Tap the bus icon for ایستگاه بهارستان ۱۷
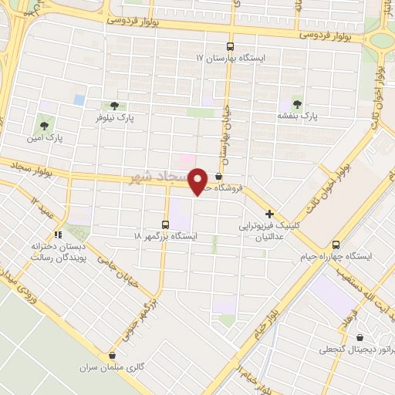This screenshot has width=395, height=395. pyautogui.click(x=229, y=46)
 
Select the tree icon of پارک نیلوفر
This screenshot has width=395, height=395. pyautogui.click(x=114, y=106)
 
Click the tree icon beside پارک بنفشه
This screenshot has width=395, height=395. pyautogui.click(x=297, y=104)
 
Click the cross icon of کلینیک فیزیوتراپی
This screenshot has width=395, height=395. pyautogui.click(x=269, y=214)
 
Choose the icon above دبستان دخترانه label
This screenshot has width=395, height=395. pyautogui.click(x=57, y=235)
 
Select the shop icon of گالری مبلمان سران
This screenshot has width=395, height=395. pyautogui.click(x=113, y=356)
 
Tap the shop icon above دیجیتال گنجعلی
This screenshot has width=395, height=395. pyautogui.click(x=360, y=336)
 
